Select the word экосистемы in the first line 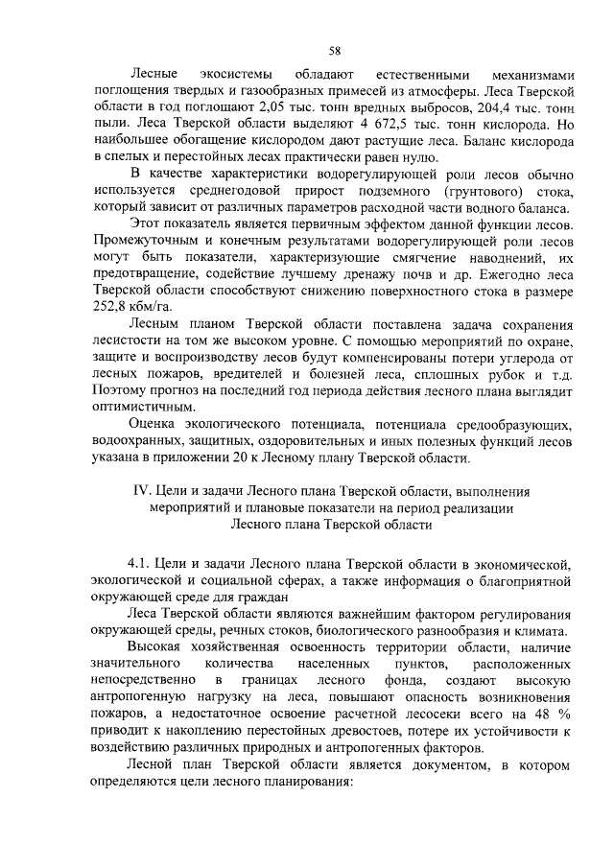[228, 73]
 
